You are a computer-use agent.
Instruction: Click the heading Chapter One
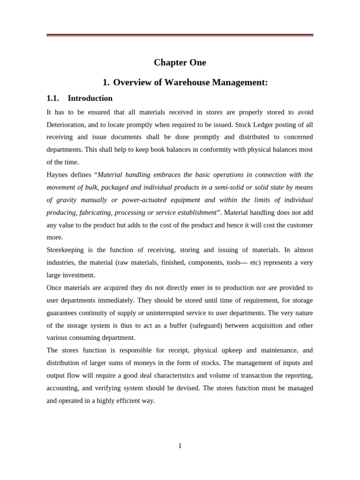pos(180,63)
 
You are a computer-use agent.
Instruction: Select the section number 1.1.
pos(52,98)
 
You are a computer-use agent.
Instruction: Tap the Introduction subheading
pos(90,98)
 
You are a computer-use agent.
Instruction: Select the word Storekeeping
pos(65,250)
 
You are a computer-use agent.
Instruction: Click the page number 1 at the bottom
pos(180,446)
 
